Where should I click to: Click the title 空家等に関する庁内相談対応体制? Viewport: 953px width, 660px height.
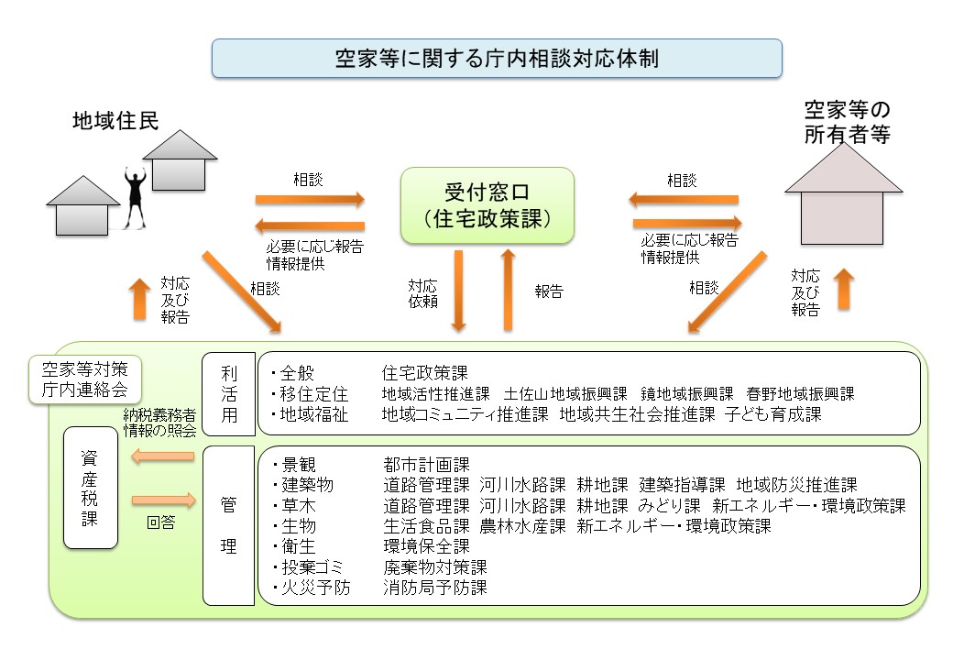pos(497,58)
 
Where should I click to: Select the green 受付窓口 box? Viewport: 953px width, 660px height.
pos(487,205)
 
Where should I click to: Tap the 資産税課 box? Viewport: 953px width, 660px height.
pos(91,487)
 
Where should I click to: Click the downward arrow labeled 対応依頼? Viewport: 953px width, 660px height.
pos(460,290)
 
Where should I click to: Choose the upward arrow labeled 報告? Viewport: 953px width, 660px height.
pos(505,290)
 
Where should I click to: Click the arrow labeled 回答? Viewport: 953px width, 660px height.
pos(164,500)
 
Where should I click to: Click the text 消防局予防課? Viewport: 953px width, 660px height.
pos(434,588)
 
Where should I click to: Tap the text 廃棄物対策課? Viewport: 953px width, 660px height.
pos(434,566)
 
